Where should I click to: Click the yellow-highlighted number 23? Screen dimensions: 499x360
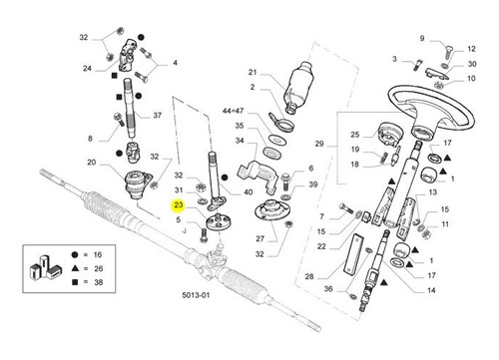179,204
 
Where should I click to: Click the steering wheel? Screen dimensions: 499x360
430,111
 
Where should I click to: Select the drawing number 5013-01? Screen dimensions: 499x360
196,295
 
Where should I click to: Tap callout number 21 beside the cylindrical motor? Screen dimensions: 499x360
252,72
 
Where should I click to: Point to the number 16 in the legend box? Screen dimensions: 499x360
97,255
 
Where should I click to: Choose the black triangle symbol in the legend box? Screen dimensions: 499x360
75,268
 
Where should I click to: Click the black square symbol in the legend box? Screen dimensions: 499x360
75,282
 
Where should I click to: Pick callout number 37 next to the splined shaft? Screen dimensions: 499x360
157,116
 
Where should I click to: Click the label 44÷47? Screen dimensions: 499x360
233,111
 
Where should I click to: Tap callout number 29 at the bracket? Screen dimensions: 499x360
319,144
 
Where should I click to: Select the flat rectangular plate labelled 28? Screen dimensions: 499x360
353,254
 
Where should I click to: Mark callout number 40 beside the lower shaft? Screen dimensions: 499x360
249,192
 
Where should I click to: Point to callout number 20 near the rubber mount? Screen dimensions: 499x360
91,163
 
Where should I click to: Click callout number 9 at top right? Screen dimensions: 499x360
422,39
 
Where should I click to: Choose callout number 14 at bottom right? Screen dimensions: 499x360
431,290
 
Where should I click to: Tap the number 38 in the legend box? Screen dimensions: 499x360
98,282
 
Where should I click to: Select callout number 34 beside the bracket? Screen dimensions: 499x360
240,141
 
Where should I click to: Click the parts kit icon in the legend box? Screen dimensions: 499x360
45,267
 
